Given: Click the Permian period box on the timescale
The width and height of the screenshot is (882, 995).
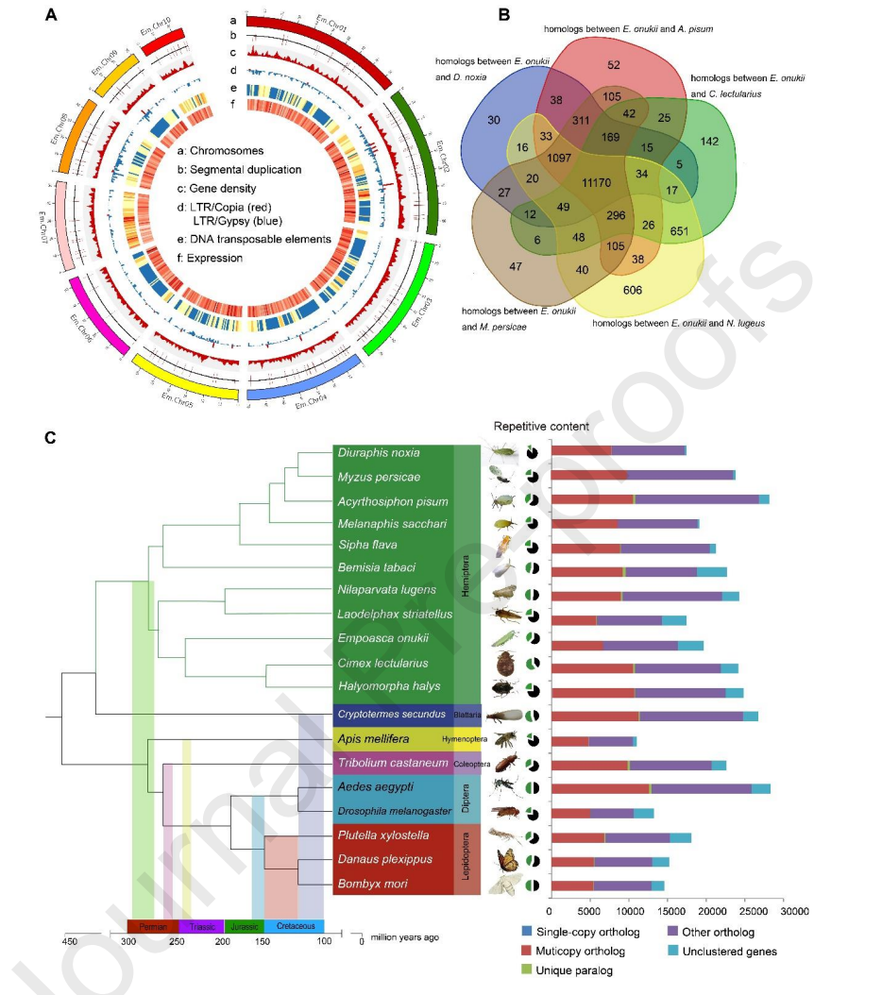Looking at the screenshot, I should pos(153,926).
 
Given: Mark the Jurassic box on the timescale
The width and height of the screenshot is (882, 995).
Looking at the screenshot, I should pos(245,926).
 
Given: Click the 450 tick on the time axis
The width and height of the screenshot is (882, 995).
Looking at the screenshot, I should pos(69,940).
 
